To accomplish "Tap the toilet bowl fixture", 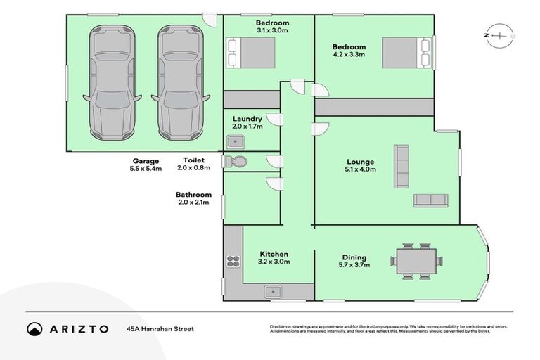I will [237, 162].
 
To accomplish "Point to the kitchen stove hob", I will [233, 262].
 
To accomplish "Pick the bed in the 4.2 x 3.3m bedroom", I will [406, 53].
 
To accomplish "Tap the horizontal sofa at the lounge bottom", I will [430, 200].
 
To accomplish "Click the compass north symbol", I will [499, 35].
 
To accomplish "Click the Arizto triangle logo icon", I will [34, 328].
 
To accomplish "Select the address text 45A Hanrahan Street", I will [160, 328].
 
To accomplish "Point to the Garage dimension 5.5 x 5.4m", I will [146, 169].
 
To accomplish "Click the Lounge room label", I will [359, 161].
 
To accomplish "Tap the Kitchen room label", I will [274, 254].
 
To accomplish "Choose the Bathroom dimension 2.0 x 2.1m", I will [193, 203].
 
